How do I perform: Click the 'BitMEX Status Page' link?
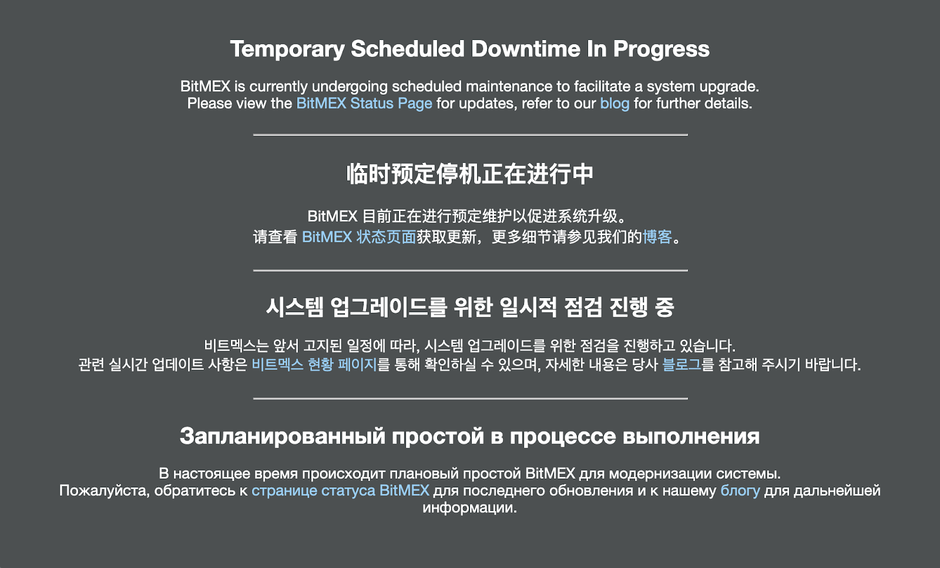(364, 103)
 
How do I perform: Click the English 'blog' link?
(615, 103)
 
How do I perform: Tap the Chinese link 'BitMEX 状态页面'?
(359, 237)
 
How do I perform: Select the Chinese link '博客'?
(657, 237)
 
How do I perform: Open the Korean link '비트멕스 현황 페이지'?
(314, 364)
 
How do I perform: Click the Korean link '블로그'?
(681, 364)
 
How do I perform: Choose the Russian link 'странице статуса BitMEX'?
(340, 491)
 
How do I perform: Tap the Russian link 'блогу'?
(740, 491)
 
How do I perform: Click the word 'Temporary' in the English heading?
(287, 49)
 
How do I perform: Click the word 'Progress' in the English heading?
(662, 49)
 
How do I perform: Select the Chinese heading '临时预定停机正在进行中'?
(470, 173)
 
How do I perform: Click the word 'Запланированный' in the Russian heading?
(283, 436)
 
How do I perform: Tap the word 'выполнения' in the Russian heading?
(691, 436)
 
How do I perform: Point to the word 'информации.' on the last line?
(469, 508)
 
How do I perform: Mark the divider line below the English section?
(471, 135)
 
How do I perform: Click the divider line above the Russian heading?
(471, 398)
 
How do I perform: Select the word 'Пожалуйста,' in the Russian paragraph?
(105, 491)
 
